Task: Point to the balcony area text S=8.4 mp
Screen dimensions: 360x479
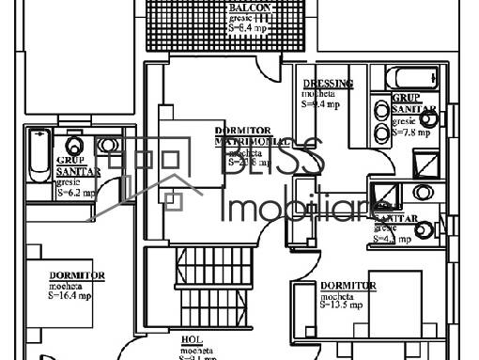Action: click(250, 28)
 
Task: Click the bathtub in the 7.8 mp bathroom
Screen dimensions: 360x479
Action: click(410, 80)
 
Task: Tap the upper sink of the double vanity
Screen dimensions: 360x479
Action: click(382, 110)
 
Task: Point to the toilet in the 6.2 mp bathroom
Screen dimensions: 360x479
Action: click(107, 146)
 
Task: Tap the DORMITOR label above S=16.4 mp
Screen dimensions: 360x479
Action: click(76, 274)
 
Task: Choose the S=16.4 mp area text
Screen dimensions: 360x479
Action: click(72, 294)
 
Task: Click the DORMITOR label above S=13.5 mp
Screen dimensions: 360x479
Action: click(348, 285)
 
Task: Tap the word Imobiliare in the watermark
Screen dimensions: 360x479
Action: click(301, 208)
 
